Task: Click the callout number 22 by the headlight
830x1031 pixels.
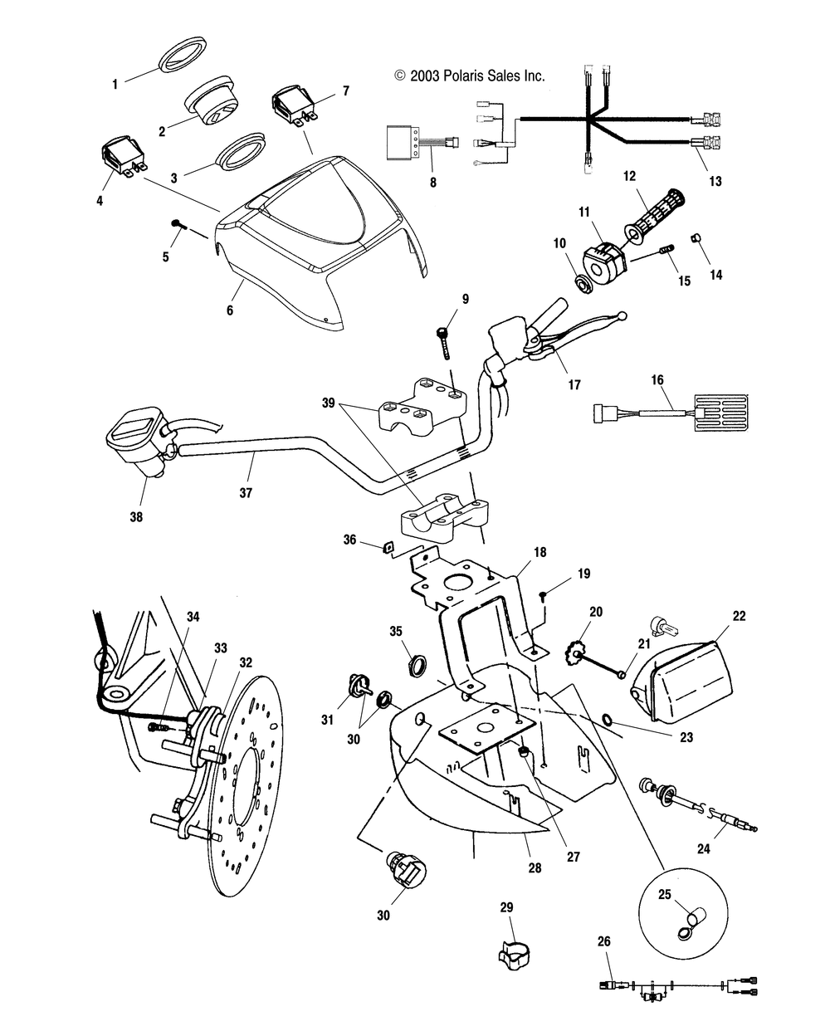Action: coord(715,616)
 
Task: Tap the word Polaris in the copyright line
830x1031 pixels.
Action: coord(469,76)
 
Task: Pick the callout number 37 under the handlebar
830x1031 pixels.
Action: coord(245,492)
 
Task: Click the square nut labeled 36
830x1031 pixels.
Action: coord(388,546)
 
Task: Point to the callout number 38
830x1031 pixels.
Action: coord(135,516)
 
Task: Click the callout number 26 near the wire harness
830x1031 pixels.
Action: coord(603,941)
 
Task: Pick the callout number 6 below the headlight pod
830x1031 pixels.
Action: coord(230,310)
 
